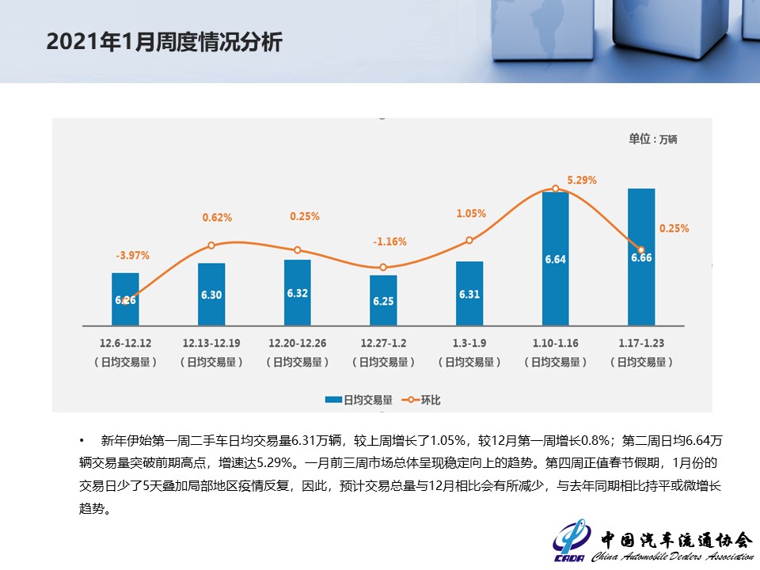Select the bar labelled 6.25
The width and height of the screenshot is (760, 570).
(383, 300)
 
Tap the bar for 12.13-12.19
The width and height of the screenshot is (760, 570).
(211, 294)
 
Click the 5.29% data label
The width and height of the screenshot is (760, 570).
(582, 180)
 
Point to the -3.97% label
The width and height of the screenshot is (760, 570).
(132, 256)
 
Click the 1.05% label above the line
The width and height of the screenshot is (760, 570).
(471, 214)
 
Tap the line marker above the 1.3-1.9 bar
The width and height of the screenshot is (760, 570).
(469, 240)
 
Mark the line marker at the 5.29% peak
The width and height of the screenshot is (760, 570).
(556, 188)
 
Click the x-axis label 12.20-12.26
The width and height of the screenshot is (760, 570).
(297, 344)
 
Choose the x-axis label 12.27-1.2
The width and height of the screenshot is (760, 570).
(383, 344)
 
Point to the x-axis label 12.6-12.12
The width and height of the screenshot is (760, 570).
(125, 344)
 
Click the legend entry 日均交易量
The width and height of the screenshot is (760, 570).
(359, 400)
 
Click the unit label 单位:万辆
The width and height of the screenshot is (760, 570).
(652, 139)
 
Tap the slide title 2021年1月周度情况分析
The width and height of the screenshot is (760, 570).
(164, 42)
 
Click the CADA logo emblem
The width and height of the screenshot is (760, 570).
(571, 540)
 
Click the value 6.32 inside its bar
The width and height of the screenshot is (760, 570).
(298, 293)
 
